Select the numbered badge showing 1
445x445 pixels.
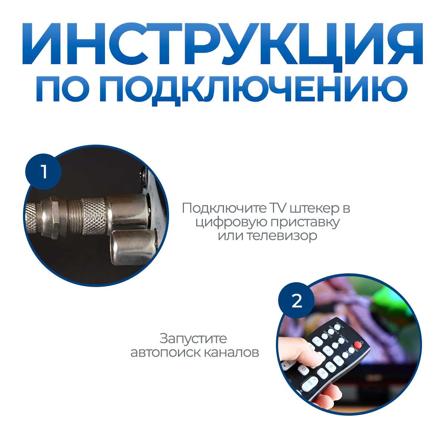(x=44, y=172)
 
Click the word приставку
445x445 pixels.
(x=300, y=222)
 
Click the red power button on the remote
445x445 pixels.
(x=357, y=345)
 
